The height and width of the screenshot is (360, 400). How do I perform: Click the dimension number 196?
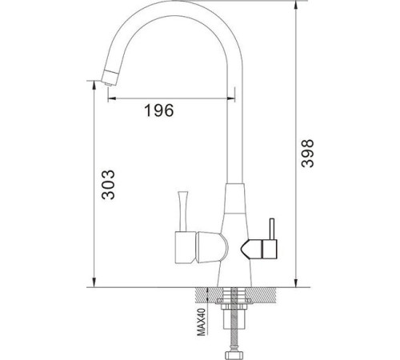(158, 111)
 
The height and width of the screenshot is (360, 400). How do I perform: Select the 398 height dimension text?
(310, 151)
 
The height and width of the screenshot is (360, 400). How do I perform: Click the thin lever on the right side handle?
(272, 230)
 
